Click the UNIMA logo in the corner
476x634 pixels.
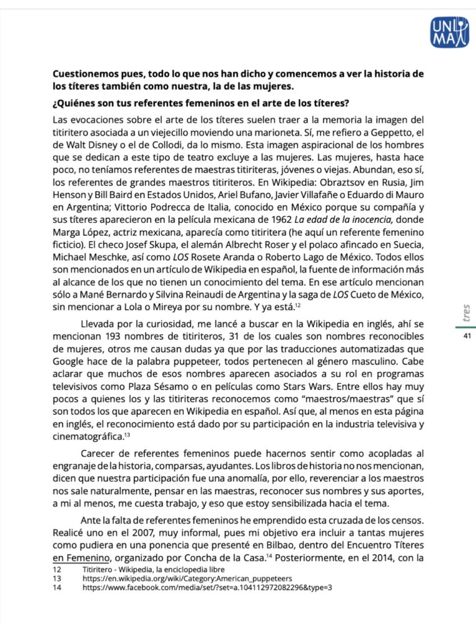[x=449, y=32]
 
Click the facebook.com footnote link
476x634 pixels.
[x=208, y=587]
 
